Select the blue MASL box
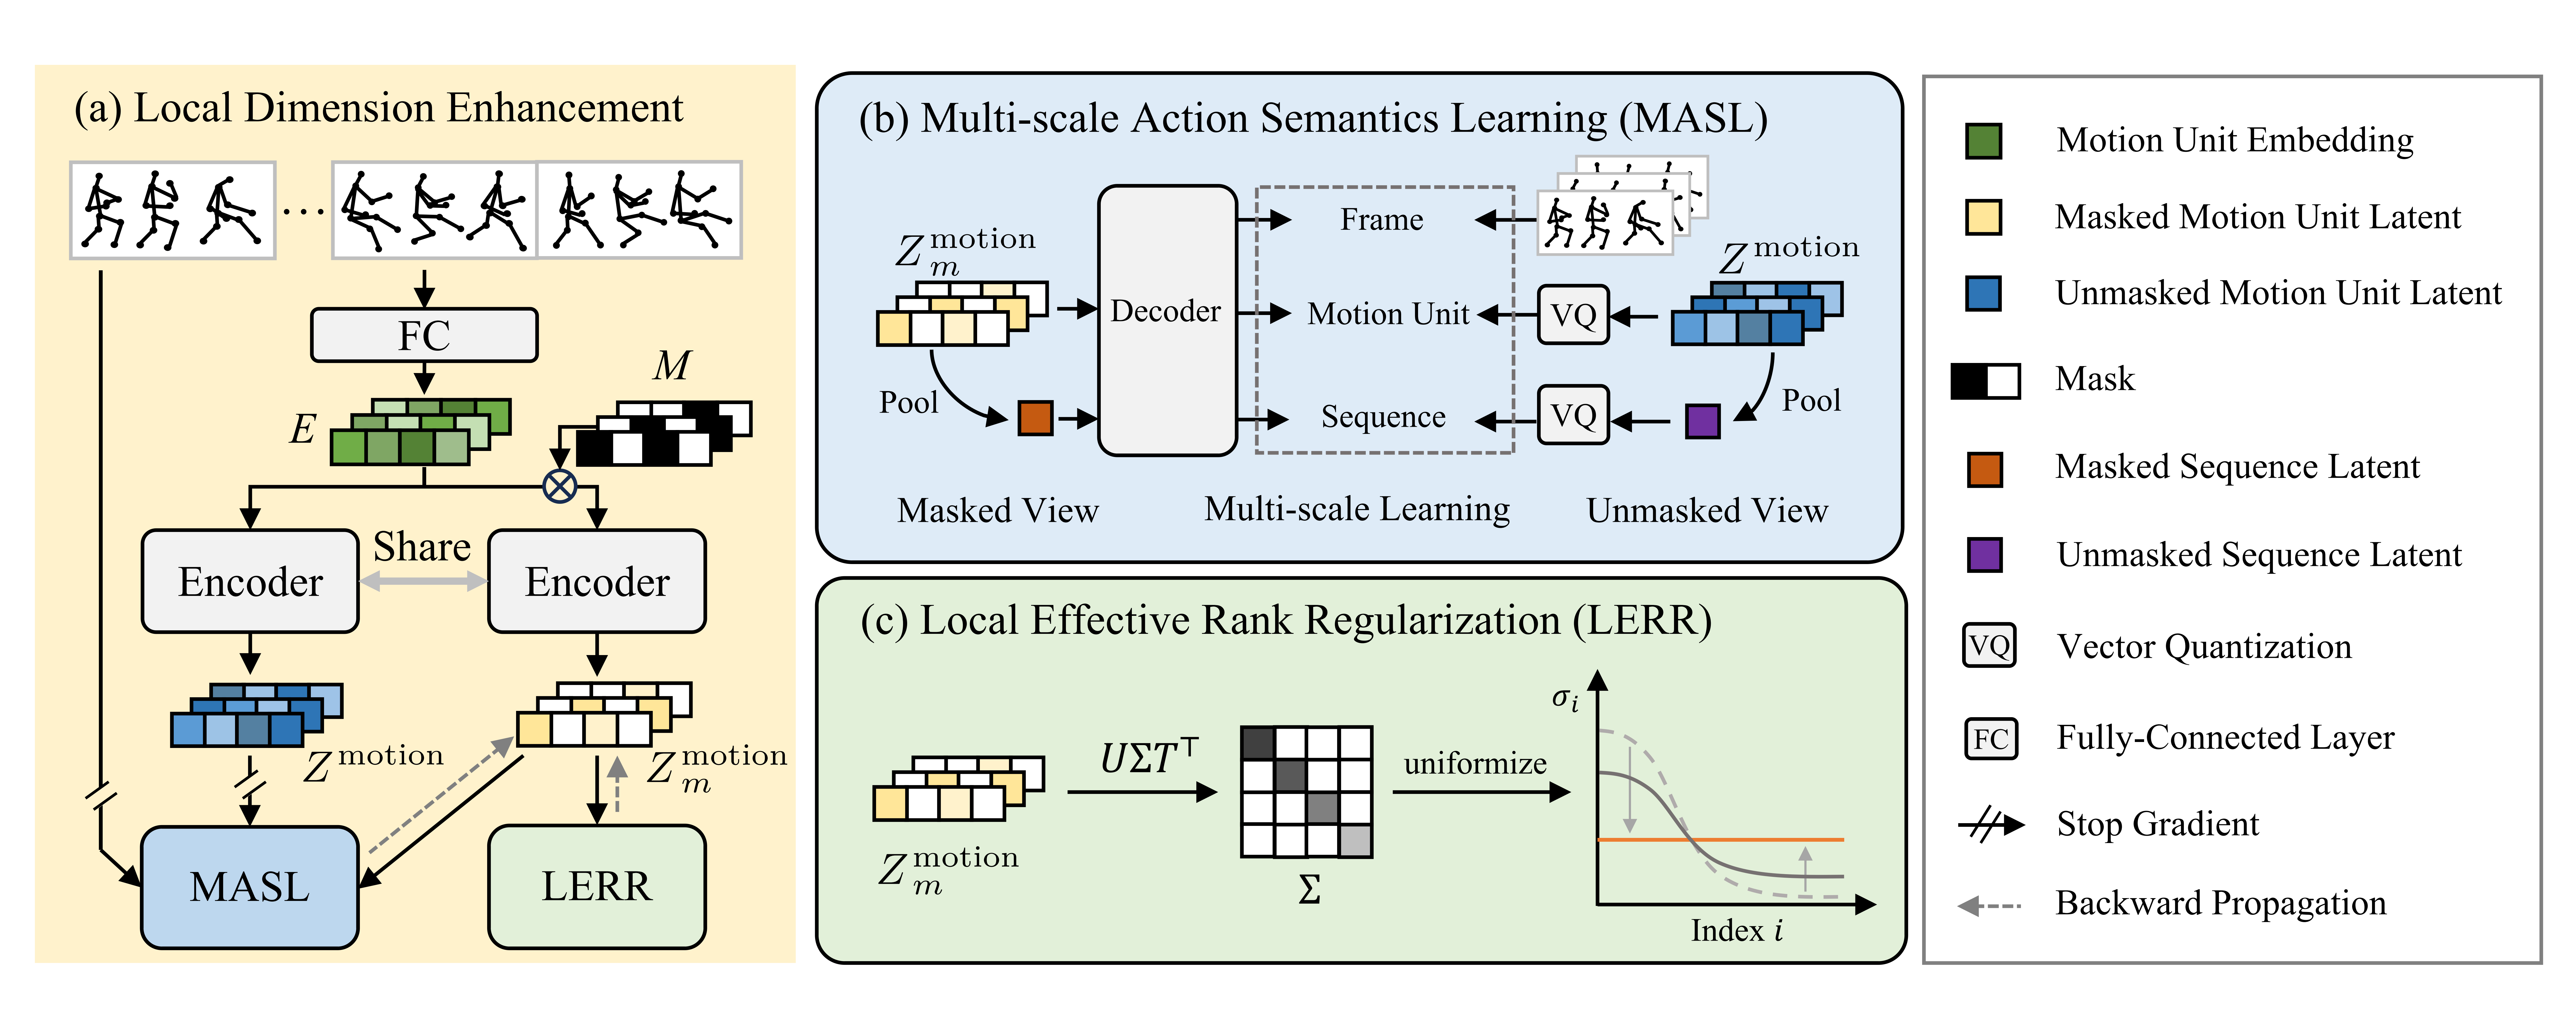coord(250,886)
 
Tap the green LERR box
coord(596,886)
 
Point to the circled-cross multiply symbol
coord(559,487)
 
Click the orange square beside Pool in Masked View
coord(1035,418)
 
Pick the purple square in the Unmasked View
coord(1702,421)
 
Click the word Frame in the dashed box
coord(1381,220)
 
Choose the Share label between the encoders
coord(422,547)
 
